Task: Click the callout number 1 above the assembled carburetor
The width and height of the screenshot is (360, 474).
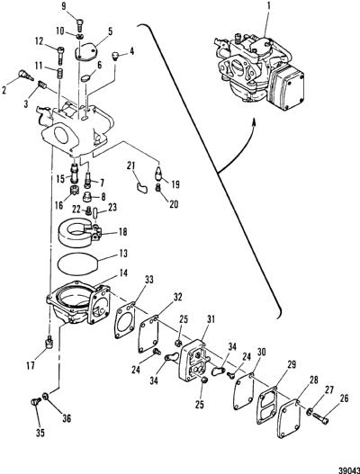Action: [268, 6]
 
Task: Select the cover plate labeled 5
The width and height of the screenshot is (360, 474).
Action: [85, 51]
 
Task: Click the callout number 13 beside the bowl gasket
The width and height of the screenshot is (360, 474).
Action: [123, 253]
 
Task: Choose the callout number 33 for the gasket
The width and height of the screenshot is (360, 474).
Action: [149, 280]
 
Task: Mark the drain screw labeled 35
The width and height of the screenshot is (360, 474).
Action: [36, 402]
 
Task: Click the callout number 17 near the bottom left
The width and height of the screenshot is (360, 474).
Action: [31, 365]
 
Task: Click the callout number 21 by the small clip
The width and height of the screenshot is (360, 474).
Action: [131, 165]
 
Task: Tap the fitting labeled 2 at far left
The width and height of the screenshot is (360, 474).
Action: [26, 75]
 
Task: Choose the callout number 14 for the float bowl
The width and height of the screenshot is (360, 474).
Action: [123, 273]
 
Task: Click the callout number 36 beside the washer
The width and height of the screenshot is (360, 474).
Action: [67, 418]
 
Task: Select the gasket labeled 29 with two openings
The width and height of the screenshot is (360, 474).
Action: [266, 404]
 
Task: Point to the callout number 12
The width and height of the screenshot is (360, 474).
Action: [40, 40]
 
